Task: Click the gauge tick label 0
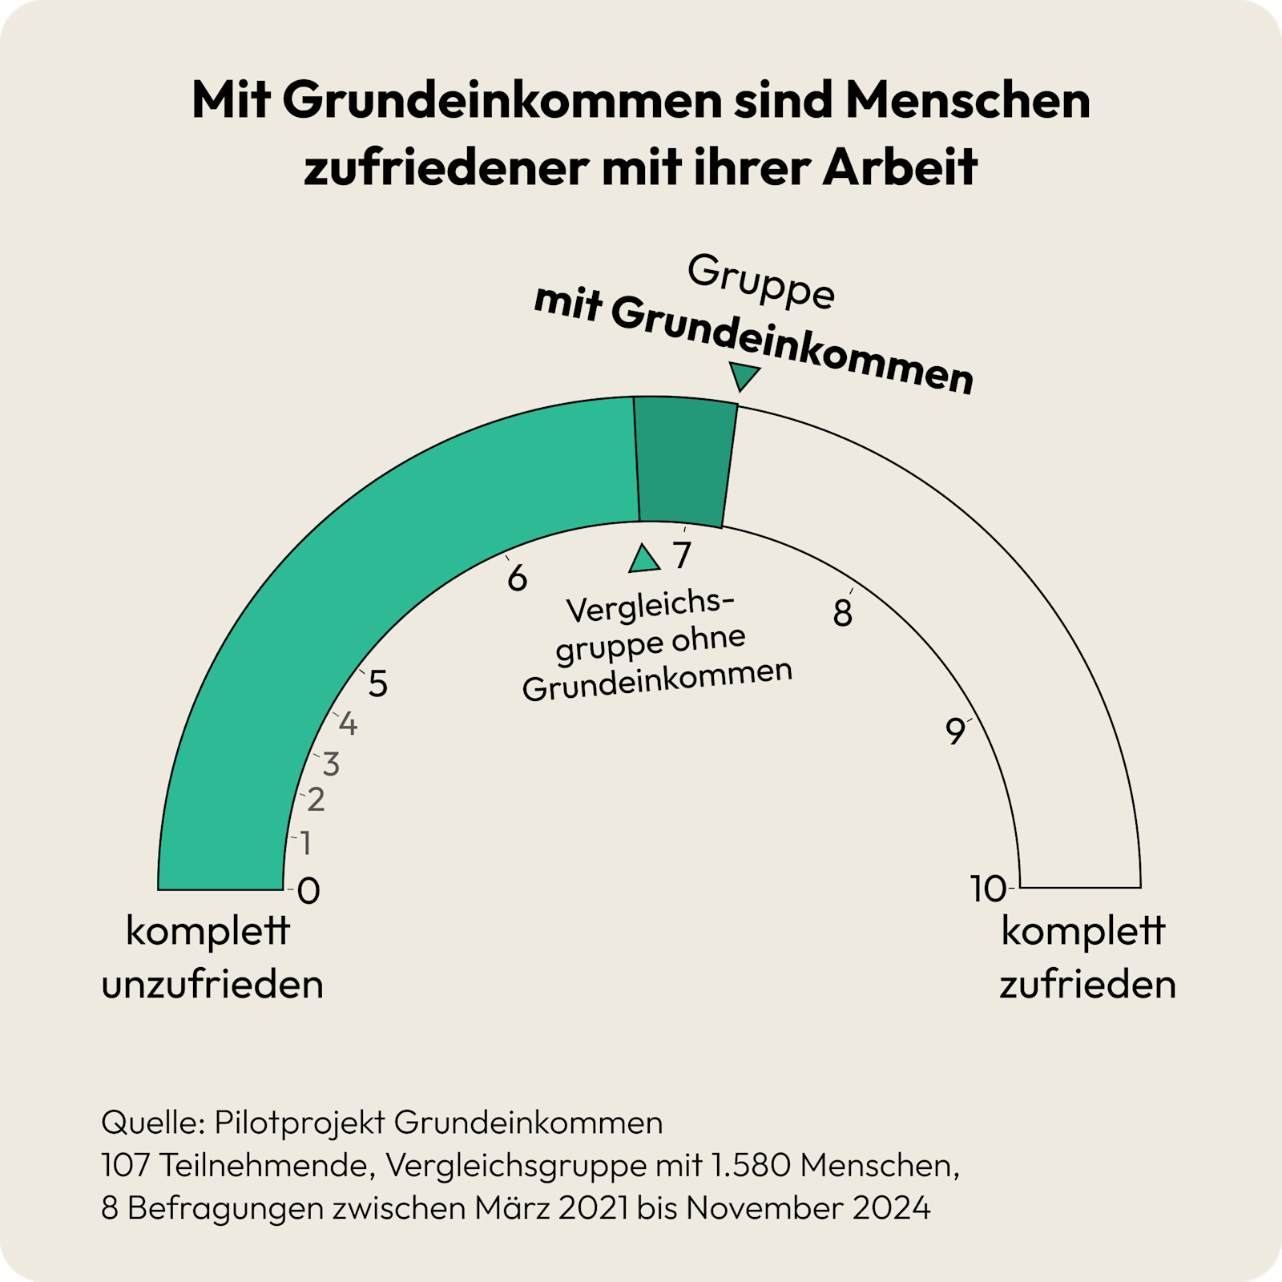[x=308, y=891]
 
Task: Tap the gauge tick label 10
[x=988, y=889]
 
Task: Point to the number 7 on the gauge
[x=682, y=555]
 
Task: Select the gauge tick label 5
[x=377, y=684]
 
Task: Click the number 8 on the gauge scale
[x=842, y=614]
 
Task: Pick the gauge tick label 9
[x=955, y=732]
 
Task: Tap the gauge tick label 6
[x=517, y=579]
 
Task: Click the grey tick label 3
[x=331, y=764]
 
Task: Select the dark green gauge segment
[x=686, y=462]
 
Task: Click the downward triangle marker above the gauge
[x=743, y=375]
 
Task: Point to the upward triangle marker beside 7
[x=643, y=560]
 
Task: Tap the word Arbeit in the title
[x=900, y=167]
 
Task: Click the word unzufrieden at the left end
[x=212, y=984]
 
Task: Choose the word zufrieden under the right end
[x=1087, y=984]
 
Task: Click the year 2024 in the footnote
[x=891, y=1207]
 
